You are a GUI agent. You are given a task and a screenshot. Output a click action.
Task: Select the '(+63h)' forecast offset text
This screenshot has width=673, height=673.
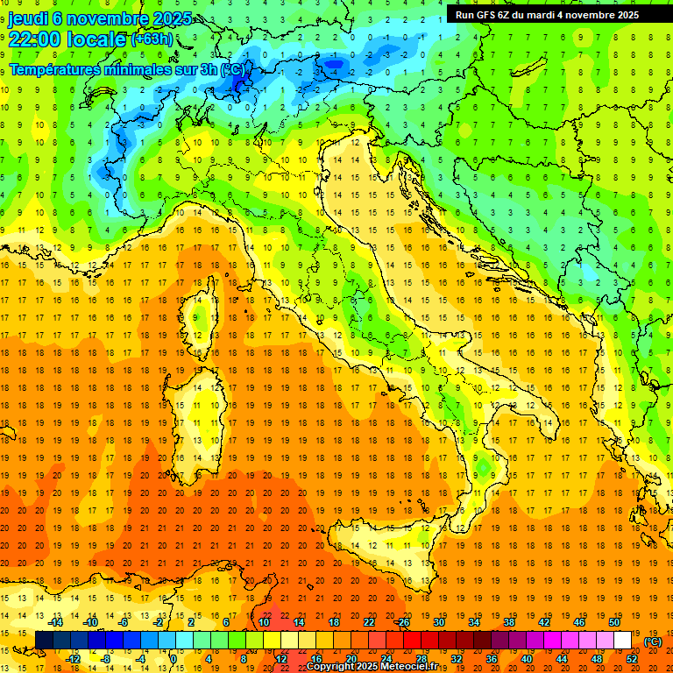(x=152, y=39)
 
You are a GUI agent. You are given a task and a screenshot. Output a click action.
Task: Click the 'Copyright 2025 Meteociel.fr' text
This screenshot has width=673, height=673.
(x=378, y=666)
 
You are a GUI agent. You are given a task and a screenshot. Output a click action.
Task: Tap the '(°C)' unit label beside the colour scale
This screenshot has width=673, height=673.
(x=653, y=641)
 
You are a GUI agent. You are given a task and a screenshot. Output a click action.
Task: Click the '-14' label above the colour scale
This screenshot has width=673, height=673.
(x=56, y=622)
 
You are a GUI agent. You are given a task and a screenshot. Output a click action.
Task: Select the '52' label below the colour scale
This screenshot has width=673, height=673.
(x=632, y=659)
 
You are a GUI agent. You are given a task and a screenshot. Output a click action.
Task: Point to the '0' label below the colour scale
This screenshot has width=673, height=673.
(x=174, y=659)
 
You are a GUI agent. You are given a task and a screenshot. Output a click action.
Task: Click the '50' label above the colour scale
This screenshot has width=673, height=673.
(x=614, y=622)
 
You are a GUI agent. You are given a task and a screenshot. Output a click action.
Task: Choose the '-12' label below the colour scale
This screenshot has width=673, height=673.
(x=74, y=659)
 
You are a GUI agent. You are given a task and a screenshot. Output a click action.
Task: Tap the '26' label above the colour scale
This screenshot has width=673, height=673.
(x=403, y=622)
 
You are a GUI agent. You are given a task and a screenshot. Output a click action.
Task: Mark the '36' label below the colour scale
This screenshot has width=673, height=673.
(x=492, y=659)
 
